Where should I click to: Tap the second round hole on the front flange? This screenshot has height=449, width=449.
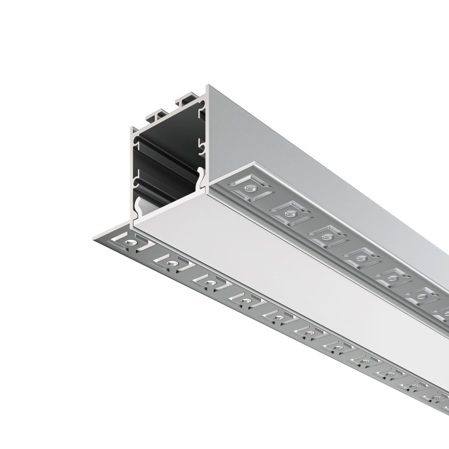tap(171, 263)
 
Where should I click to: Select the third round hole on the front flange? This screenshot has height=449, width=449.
tap(209, 282)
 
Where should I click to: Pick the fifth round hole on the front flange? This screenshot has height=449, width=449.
tap(278, 318)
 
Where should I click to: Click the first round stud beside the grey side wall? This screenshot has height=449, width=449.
tap(249, 189)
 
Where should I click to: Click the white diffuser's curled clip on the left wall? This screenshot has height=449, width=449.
tap(138, 203)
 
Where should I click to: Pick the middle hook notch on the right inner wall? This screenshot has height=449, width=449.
tap(202, 147)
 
